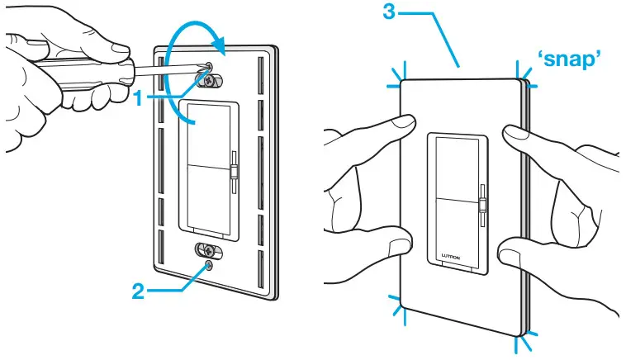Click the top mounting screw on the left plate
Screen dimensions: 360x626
211,82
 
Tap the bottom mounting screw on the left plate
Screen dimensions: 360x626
210,249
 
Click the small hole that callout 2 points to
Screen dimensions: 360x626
211,266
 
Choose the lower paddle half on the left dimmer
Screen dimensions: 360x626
206,198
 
